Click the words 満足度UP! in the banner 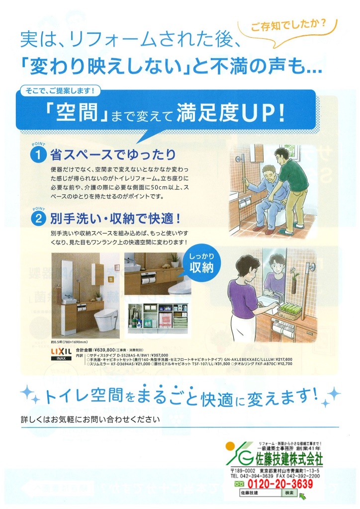point(233,113)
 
